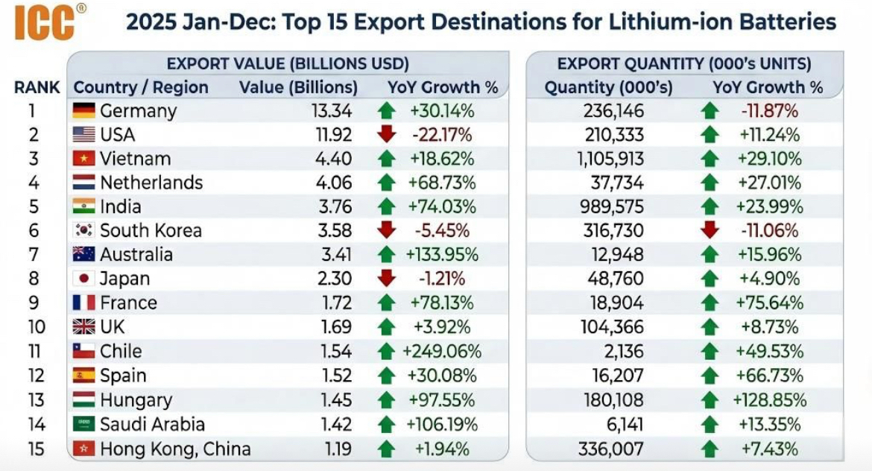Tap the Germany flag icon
[83, 111]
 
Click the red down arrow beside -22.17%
[386, 135]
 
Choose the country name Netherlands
[151, 183]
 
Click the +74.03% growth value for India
[441, 206]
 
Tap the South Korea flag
[83, 230]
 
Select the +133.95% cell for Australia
[441, 254]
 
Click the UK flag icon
[83, 326]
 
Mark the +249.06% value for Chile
[442, 351]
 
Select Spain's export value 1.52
[337, 375]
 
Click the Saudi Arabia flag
[83, 424]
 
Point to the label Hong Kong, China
[175, 449]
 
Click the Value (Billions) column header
[298, 87]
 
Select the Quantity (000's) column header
[608, 87]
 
